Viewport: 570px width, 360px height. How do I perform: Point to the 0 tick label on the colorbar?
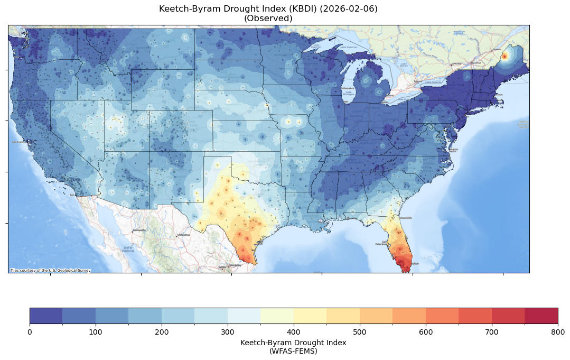(x=30, y=331)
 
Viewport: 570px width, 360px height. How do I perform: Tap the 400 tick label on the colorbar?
(x=294, y=331)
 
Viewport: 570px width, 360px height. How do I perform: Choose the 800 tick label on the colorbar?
(x=558, y=331)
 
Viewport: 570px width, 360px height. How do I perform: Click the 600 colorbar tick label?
(x=426, y=331)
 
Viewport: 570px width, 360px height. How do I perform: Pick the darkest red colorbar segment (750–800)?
(x=541, y=316)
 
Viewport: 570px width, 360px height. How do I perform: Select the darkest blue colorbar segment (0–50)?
(x=46, y=316)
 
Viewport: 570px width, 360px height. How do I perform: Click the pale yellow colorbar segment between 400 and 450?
(x=310, y=316)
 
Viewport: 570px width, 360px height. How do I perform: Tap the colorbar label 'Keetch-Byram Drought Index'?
(x=293, y=343)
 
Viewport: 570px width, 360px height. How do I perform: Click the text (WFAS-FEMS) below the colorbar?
(x=293, y=350)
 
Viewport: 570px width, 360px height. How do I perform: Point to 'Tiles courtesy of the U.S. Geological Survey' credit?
(x=50, y=271)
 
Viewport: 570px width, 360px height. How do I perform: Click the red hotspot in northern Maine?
(x=504, y=56)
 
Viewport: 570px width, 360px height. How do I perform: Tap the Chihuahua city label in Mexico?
(x=183, y=235)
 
